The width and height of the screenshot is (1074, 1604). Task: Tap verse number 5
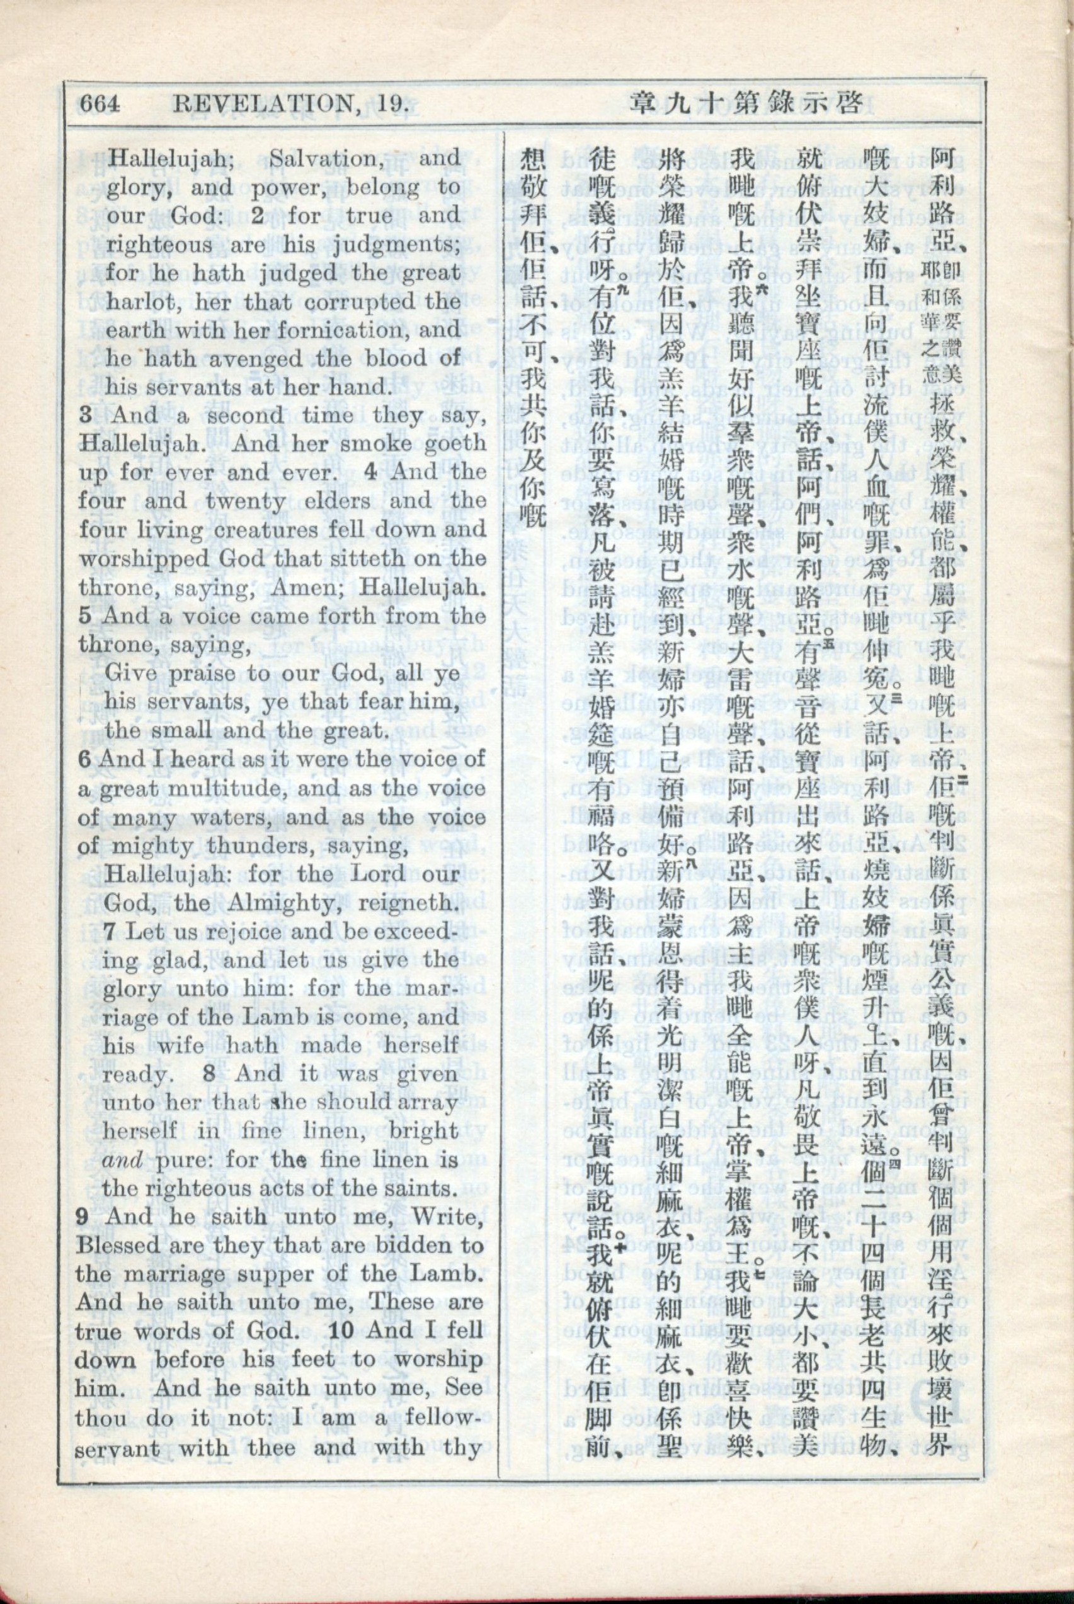tap(84, 615)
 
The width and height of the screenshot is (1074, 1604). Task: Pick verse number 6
tap(84, 759)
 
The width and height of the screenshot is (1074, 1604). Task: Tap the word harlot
tap(142, 302)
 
